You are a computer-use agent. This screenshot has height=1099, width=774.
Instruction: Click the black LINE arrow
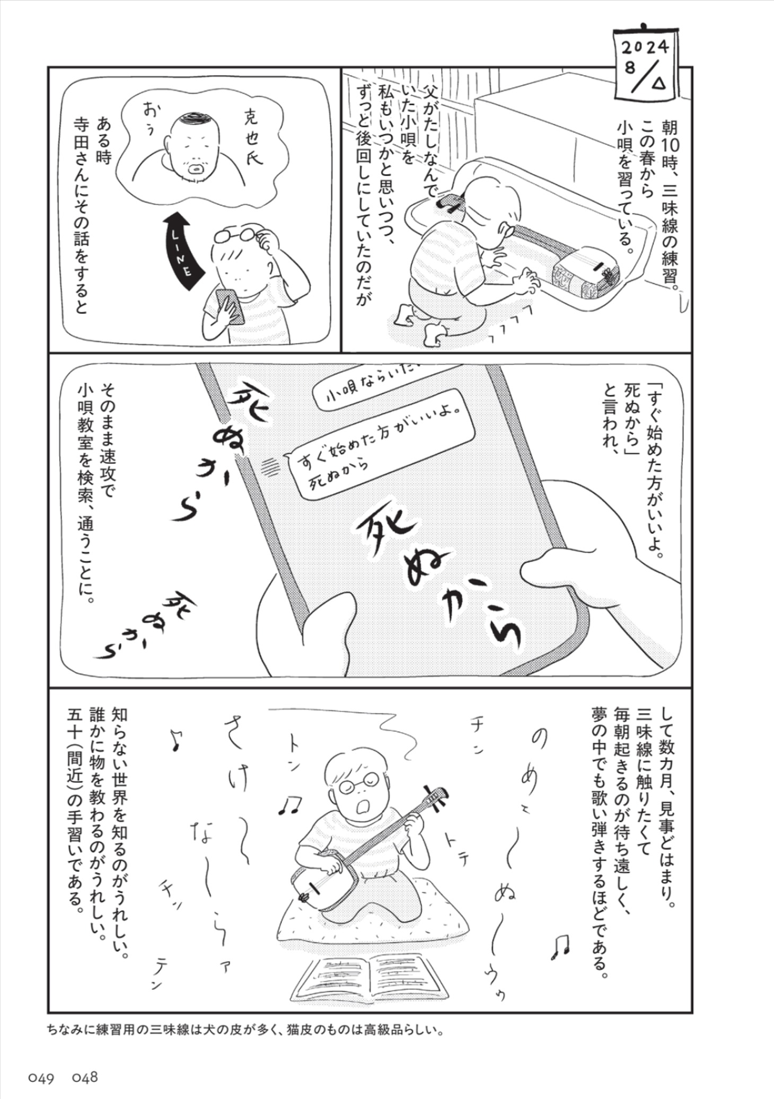click(x=180, y=249)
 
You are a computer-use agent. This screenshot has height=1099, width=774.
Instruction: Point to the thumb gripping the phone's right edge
click(x=557, y=572)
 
